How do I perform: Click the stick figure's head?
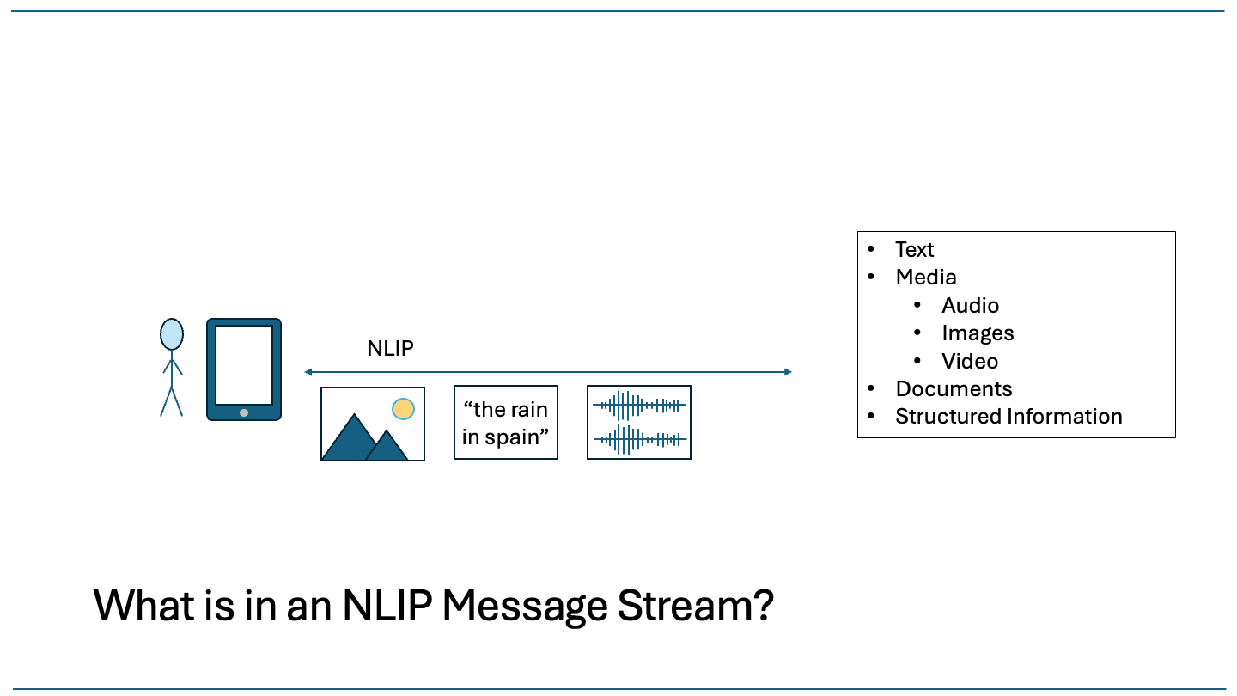[172, 334]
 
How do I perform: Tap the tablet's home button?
[244, 412]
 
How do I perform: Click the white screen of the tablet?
[244, 364]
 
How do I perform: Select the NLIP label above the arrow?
[390, 348]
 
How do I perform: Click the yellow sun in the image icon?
[403, 409]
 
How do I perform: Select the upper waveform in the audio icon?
[639, 405]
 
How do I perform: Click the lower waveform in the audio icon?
[639, 439]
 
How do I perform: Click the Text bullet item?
[914, 249]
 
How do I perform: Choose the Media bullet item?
[925, 277]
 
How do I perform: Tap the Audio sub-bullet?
[970, 305]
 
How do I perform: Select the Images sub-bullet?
[978, 333]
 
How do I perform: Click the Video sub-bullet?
[969, 361]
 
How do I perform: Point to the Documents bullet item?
[954, 388]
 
